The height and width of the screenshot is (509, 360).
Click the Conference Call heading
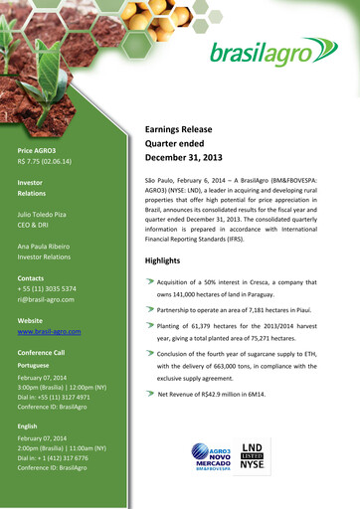click(41, 353)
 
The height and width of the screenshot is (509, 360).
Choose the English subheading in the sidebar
click(27, 425)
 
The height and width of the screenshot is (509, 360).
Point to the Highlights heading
click(163, 259)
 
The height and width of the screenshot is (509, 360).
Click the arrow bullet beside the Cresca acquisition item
click(150, 281)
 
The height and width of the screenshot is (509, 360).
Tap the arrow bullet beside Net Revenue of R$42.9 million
click(150, 393)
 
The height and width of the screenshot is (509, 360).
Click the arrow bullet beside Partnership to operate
click(150, 309)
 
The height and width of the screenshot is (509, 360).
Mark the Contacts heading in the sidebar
click(31, 277)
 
